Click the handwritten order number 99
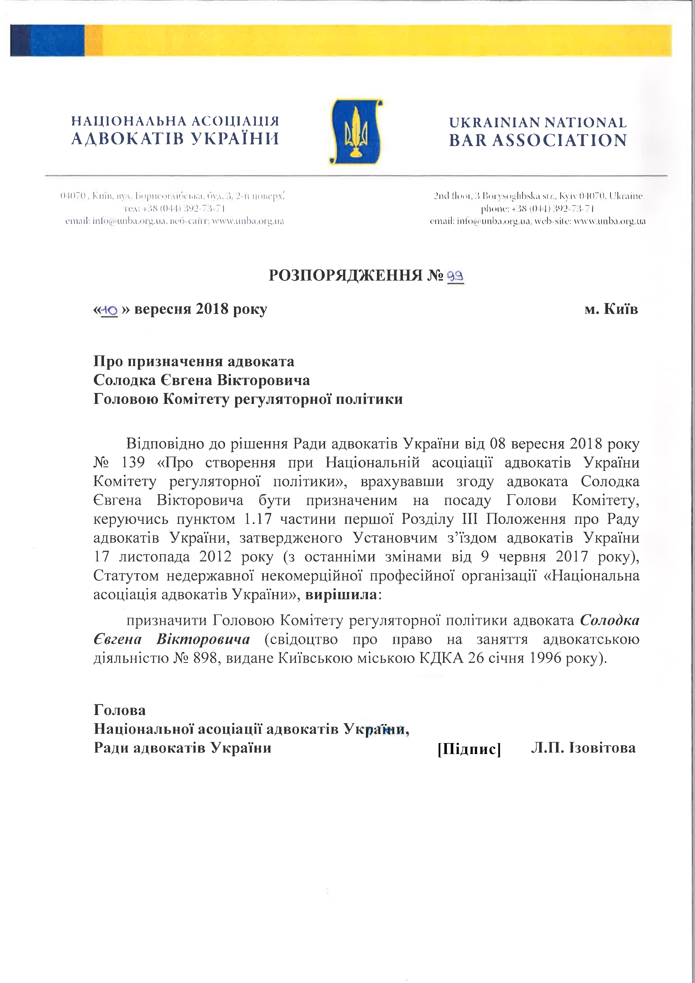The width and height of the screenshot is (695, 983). coord(455,276)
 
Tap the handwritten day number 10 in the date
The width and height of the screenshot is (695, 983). coord(110,309)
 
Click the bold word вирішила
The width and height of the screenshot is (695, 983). coord(341,595)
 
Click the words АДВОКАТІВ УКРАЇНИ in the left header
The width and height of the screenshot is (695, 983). coord(175,139)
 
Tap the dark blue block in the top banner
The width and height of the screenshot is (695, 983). coord(47,41)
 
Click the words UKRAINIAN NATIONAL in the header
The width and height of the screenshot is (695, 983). coord(538,123)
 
